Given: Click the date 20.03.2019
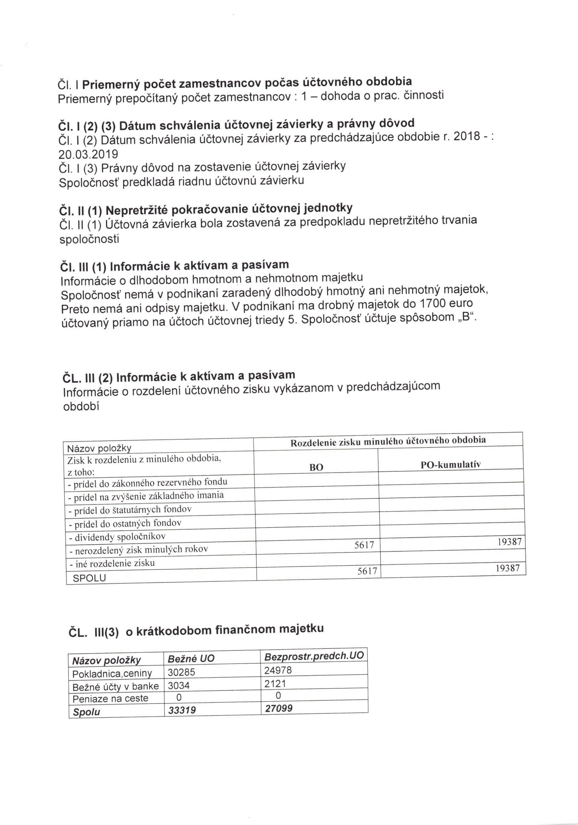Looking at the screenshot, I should [88, 154].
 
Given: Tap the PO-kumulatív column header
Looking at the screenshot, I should [450, 465].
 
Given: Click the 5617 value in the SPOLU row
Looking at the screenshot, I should [367, 571].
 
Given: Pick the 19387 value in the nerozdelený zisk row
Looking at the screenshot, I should [509, 542].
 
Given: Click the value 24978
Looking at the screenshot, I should [278, 670].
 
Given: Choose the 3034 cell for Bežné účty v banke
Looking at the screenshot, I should [179, 686].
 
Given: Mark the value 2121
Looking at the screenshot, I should [275, 683].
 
